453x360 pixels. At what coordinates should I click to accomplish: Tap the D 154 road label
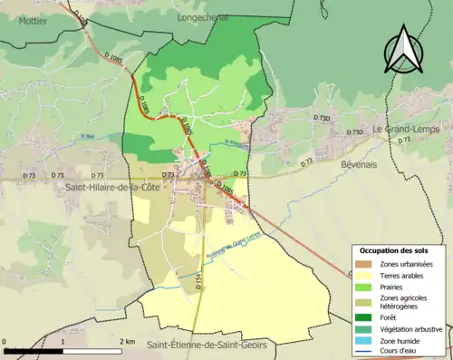tap(198, 282)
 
